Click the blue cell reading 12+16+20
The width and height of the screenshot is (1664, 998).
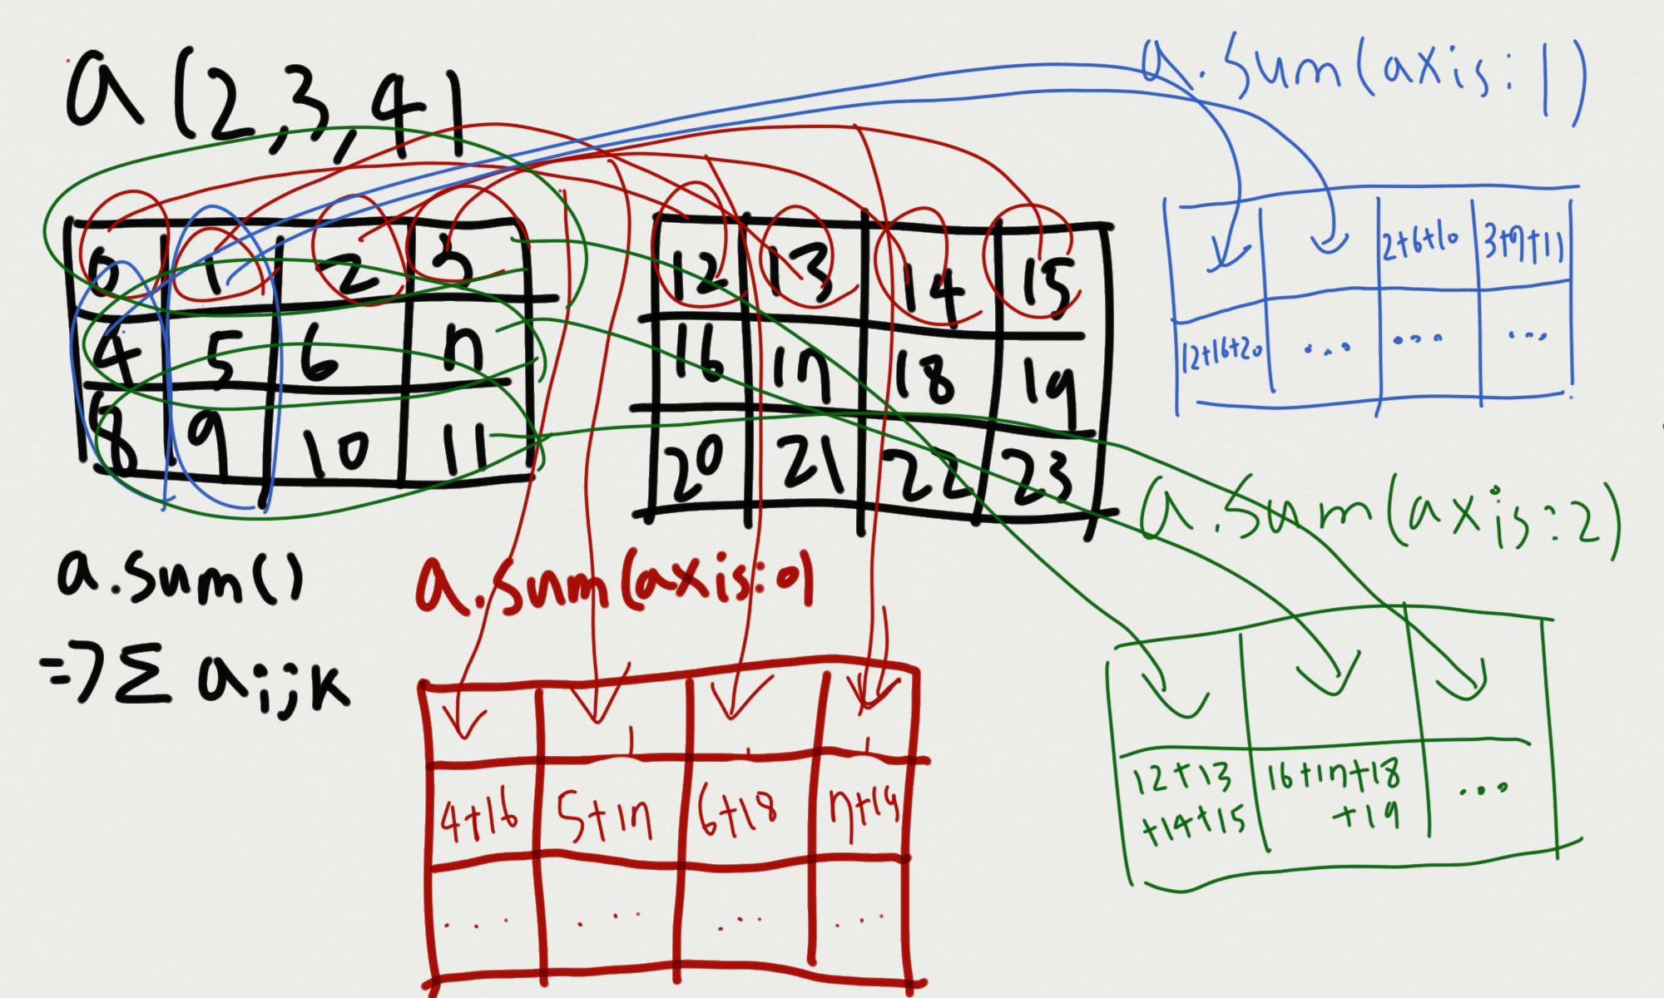(x=1222, y=353)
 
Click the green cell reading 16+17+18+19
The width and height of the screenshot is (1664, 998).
(x=1336, y=791)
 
